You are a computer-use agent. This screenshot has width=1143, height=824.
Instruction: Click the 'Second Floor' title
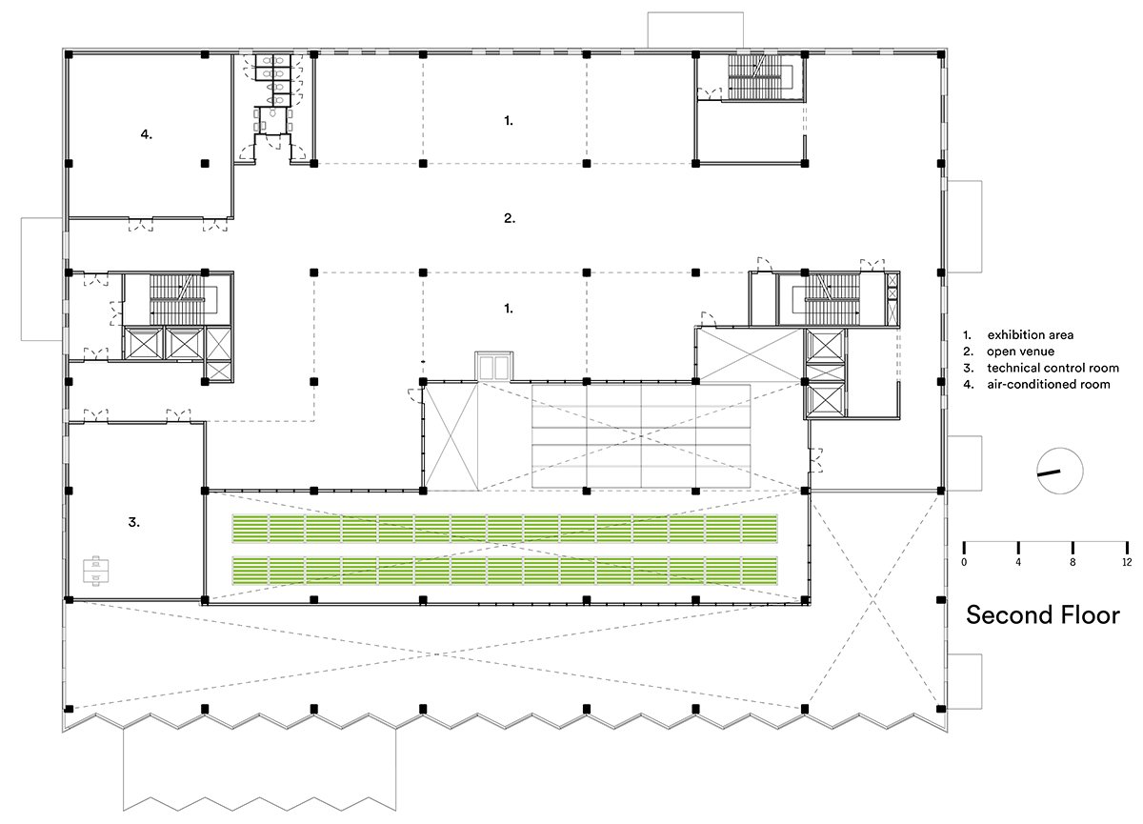(x=1042, y=615)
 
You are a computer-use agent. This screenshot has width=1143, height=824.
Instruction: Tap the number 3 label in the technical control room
(x=133, y=522)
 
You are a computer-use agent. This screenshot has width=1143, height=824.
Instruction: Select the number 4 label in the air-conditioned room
(x=147, y=134)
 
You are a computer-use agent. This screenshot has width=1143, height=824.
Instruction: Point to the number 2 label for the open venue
(x=510, y=218)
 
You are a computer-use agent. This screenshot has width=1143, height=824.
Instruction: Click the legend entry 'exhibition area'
(x=1031, y=334)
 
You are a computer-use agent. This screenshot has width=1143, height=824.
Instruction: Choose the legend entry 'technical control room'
(x=1053, y=368)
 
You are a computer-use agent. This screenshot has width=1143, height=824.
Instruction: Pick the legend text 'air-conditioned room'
(x=1049, y=384)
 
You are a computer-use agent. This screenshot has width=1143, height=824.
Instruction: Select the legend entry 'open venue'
(x=1020, y=351)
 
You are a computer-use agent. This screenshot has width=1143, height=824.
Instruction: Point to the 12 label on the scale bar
(x=1127, y=562)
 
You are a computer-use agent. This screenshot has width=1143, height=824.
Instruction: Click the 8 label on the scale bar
(x=1073, y=562)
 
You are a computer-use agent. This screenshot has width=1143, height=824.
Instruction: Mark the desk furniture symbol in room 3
(x=96, y=571)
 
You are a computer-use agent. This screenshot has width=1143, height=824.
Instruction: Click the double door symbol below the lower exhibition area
(x=493, y=366)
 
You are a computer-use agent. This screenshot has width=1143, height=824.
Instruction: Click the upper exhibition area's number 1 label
(x=509, y=121)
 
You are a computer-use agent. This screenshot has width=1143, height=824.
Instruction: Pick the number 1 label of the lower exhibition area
(x=509, y=309)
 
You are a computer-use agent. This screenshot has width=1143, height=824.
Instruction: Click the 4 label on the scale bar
(x=1018, y=562)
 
